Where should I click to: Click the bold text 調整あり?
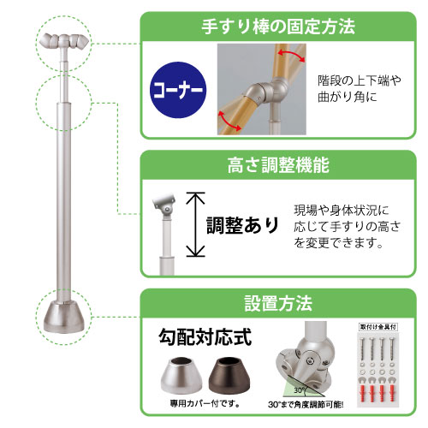click(243, 225)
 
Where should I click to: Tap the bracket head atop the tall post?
click(65, 41)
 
